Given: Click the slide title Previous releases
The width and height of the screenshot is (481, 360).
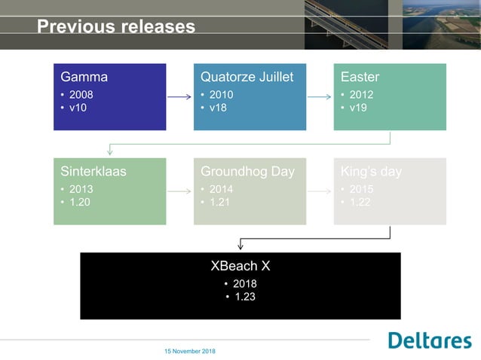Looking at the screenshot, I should (x=116, y=27).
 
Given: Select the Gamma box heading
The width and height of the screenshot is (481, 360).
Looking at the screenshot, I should (x=84, y=77).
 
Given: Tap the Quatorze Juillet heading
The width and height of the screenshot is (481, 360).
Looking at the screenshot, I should (x=247, y=77).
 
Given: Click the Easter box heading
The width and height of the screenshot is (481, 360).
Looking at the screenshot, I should (x=360, y=77).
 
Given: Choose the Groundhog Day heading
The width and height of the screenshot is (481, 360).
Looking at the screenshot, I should (x=247, y=172).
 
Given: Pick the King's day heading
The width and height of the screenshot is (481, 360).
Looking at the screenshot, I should (x=371, y=172).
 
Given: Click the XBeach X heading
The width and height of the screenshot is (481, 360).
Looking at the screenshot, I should (x=240, y=266).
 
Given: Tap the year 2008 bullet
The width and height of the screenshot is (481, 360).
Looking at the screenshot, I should (x=81, y=95).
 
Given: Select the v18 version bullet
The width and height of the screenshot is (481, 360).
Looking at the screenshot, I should (x=219, y=108).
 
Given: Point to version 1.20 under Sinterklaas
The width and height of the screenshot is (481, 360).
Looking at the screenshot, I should (x=81, y=203).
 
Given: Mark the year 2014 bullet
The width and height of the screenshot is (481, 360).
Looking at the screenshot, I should (x=221, y=190).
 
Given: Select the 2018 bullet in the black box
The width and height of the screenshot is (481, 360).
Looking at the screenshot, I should (x=244, y=284).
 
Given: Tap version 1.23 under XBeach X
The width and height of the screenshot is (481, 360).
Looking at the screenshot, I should (x=244, y=297).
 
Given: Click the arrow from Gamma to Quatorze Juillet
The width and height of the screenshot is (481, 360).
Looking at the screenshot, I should (x=179, y=97).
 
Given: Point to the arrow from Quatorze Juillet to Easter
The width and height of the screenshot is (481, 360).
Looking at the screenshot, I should (x=320, y=97).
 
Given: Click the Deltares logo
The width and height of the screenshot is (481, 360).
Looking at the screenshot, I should (x=429, y=340).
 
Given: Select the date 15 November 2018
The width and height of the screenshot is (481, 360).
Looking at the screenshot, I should (x=189, y=352).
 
